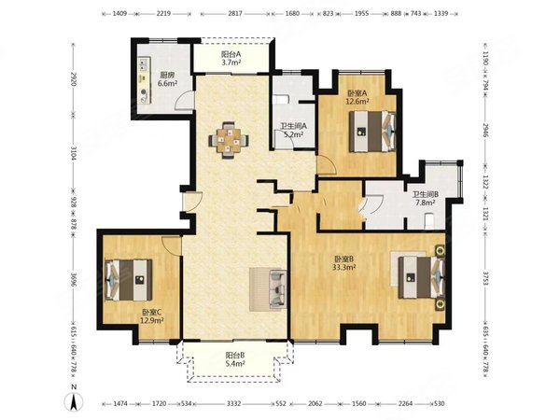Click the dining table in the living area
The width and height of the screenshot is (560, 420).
click(229, 140)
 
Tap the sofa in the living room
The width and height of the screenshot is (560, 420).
click(277, 289)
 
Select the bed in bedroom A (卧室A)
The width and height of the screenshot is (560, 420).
click(372, 132)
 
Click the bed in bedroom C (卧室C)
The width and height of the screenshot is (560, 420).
click(129, 280)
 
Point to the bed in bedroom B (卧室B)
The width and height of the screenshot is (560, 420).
click(422, 277)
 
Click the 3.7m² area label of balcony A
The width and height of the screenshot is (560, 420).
click(231, 63)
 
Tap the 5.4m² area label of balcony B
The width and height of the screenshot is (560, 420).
click(235, 364)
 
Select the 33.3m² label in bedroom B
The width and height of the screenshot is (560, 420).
click(344, 267)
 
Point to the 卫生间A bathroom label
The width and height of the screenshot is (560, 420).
click(293, 126)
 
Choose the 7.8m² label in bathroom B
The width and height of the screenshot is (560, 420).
click(425, 203)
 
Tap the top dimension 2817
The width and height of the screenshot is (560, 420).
click(235, 14)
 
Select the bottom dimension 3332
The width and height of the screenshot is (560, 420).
click(234, 403)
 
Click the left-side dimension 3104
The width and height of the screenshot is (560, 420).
click(73, 152)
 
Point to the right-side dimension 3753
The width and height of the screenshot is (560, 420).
click(485, 279)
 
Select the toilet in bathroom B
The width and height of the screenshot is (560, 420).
click(428, 221)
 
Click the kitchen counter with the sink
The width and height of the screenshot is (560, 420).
click(144, 79)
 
